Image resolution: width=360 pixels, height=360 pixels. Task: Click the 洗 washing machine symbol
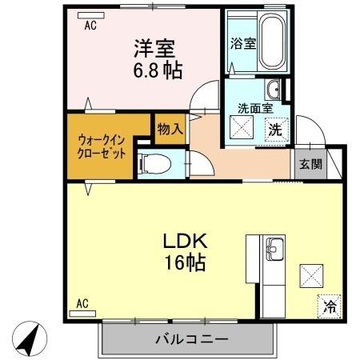tap(274, 128)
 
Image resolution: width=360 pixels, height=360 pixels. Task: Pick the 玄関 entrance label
tap(310, 165)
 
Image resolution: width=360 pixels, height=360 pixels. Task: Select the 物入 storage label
tap(170, 128)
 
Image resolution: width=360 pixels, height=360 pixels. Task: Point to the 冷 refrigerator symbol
tap(329, 305)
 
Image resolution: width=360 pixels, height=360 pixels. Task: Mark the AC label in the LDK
tap(82, 303)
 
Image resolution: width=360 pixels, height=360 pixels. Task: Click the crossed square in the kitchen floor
tap(311, 276)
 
